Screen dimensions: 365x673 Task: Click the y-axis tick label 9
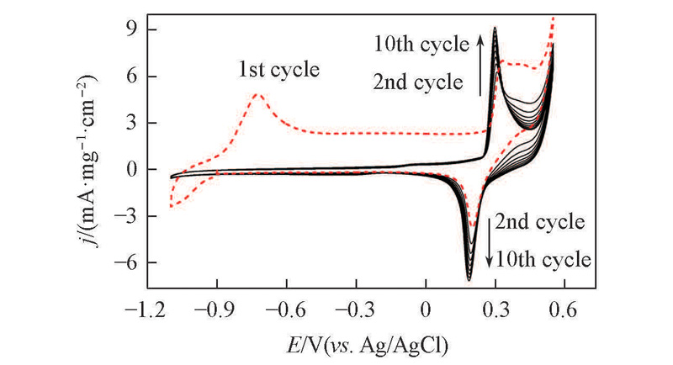128,29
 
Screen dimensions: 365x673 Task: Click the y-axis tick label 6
128,77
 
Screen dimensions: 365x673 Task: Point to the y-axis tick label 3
128,123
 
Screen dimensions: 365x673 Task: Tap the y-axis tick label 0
128,170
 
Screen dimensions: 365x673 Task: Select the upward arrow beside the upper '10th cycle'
480,63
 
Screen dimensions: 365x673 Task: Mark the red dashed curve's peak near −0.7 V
259,94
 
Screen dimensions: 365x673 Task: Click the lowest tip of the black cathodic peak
469,280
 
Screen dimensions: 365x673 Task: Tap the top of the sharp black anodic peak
495,28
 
